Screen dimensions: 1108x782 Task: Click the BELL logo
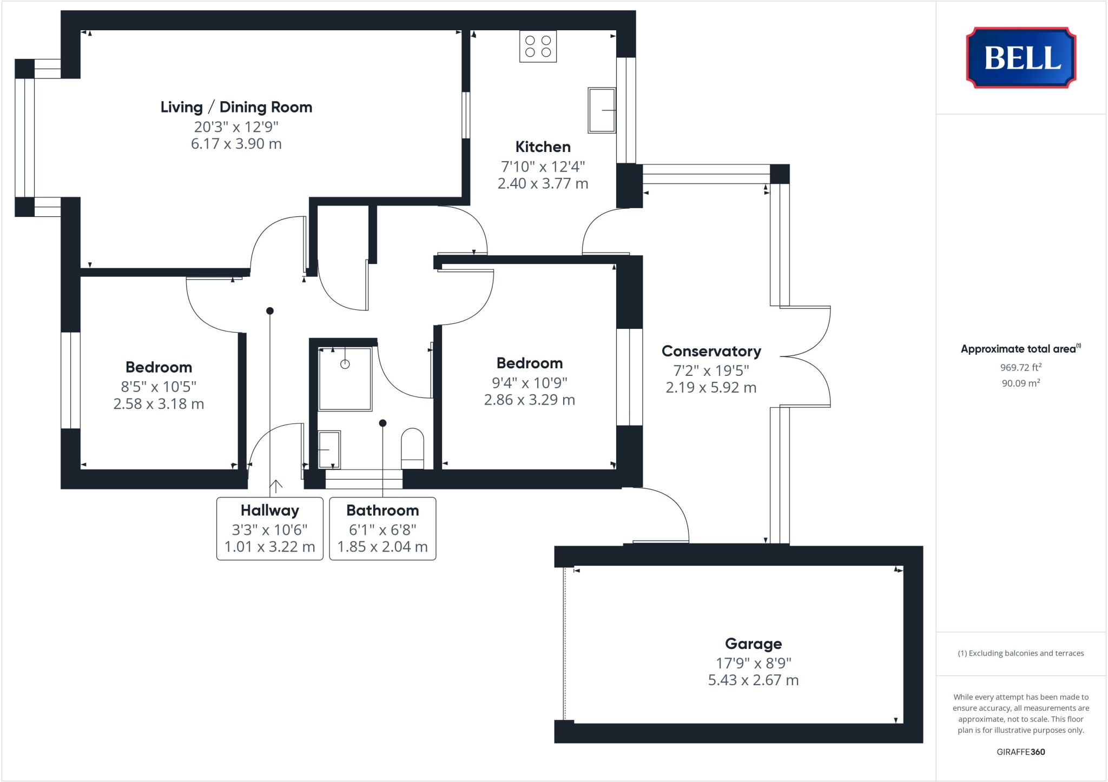(1021, 57)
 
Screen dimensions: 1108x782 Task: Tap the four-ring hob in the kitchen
(538, 47)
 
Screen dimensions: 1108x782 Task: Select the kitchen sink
(602, 110)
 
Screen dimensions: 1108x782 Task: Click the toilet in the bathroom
(412, 448)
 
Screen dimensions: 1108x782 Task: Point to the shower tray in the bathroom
(345, 379)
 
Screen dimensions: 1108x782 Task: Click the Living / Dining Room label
(236, 107)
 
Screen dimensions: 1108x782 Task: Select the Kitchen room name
(543, 147)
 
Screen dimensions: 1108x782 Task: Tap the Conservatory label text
(711, 351)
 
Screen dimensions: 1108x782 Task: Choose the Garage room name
(753, 644)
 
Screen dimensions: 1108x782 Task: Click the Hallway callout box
(270, 528)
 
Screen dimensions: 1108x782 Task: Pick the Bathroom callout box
(382, 528)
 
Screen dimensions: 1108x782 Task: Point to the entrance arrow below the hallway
(276, 486)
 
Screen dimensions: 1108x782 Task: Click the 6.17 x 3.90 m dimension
(236, 144)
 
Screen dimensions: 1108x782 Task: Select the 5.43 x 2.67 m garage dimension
(753, 680)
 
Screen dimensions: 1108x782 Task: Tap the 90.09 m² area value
(1021, 383)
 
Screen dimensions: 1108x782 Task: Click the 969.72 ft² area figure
(1021, 368)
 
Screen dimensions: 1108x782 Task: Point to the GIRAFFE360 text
(1021, 752)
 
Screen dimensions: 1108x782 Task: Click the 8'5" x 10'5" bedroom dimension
(159, 387)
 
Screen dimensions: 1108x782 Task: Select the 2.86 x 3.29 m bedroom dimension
(529, 400)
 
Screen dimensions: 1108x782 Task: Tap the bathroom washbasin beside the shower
(329, 449)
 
